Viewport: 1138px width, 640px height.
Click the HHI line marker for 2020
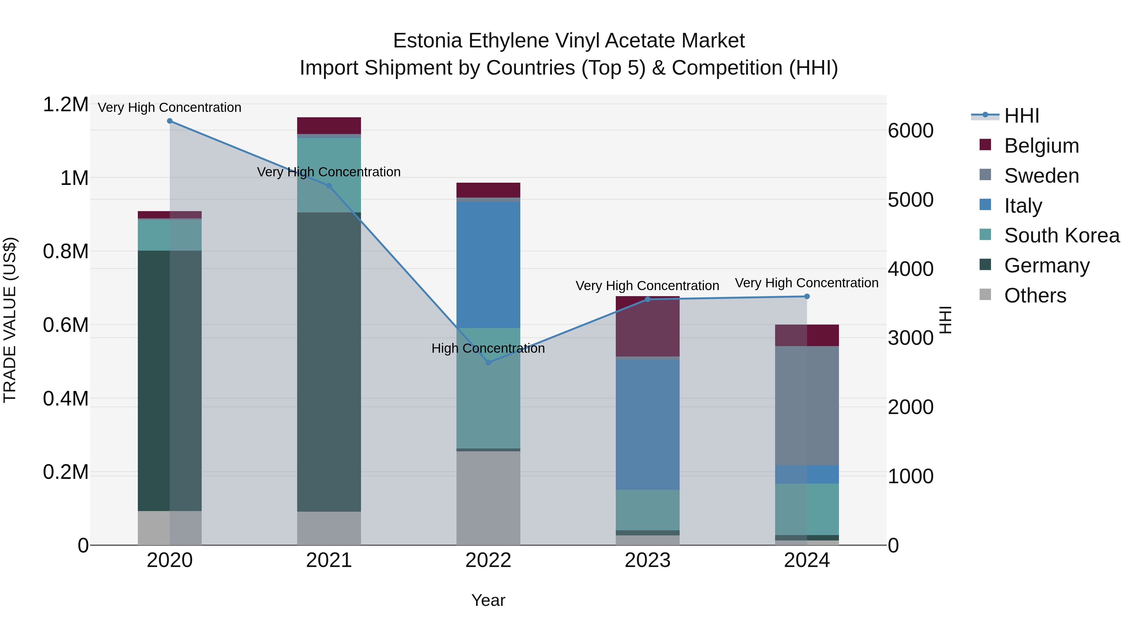[170, 121]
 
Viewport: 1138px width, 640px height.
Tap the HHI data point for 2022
[488, 363]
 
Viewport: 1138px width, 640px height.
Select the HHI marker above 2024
[807, 297]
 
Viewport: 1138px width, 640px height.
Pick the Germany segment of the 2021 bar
[329, 362]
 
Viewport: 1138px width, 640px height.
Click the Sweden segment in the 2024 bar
[807, 405]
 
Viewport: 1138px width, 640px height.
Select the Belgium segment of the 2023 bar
[648, 327]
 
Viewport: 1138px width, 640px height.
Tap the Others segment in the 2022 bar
[488, 498]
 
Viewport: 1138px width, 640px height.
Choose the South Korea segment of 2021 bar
[329, 175]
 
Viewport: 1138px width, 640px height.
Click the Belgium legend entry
[1041, 146]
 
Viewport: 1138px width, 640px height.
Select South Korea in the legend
[1062, 235]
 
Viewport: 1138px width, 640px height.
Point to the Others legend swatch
[985, 295]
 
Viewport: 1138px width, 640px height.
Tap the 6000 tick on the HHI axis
[911, 131]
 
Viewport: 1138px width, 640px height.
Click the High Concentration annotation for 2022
[488, 349]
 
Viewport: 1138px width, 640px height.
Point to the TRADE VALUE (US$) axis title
[10, 320]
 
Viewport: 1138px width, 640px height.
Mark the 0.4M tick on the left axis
[65, 399]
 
